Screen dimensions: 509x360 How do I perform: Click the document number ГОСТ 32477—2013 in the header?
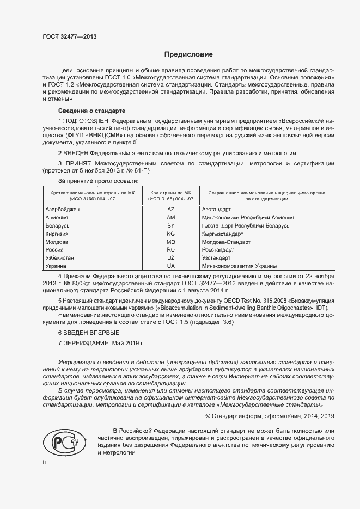point(69,37)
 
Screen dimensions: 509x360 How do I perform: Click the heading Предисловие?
point(188,55)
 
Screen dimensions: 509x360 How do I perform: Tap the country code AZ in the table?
point(170,209)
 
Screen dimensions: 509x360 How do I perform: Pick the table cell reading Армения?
point(57,217)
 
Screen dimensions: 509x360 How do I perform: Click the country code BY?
point(170,225)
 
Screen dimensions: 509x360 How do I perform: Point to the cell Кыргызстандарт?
point(223,234)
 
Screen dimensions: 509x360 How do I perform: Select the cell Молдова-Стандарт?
point(225,242)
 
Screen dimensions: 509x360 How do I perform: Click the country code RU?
point(170,250)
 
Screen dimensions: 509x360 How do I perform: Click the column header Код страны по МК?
point(170,193)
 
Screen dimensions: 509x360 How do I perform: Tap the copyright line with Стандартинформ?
point(265,416)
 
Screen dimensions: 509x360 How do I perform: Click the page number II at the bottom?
point(45,462)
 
